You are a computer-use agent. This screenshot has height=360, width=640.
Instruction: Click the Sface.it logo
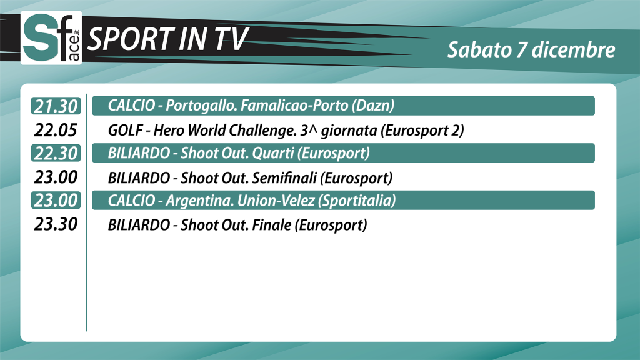(51, 37)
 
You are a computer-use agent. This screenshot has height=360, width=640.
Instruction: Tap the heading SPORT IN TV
(167, 39)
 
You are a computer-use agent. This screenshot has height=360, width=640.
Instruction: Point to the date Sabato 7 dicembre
(531, 50)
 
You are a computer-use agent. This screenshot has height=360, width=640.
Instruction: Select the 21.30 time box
(56, 106)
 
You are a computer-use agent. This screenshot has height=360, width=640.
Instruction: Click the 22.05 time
(56, 130)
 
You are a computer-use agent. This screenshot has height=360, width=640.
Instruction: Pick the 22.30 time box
(56, 153)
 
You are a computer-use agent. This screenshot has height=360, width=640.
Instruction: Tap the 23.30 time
(56, 224)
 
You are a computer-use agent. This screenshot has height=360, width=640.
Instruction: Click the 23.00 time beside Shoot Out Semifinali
(56, 177)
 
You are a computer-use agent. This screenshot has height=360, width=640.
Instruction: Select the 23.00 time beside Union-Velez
(56, 201)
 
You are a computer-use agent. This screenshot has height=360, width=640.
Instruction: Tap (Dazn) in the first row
(373, 106)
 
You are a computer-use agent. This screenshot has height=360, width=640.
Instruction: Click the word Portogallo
(201, 106)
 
